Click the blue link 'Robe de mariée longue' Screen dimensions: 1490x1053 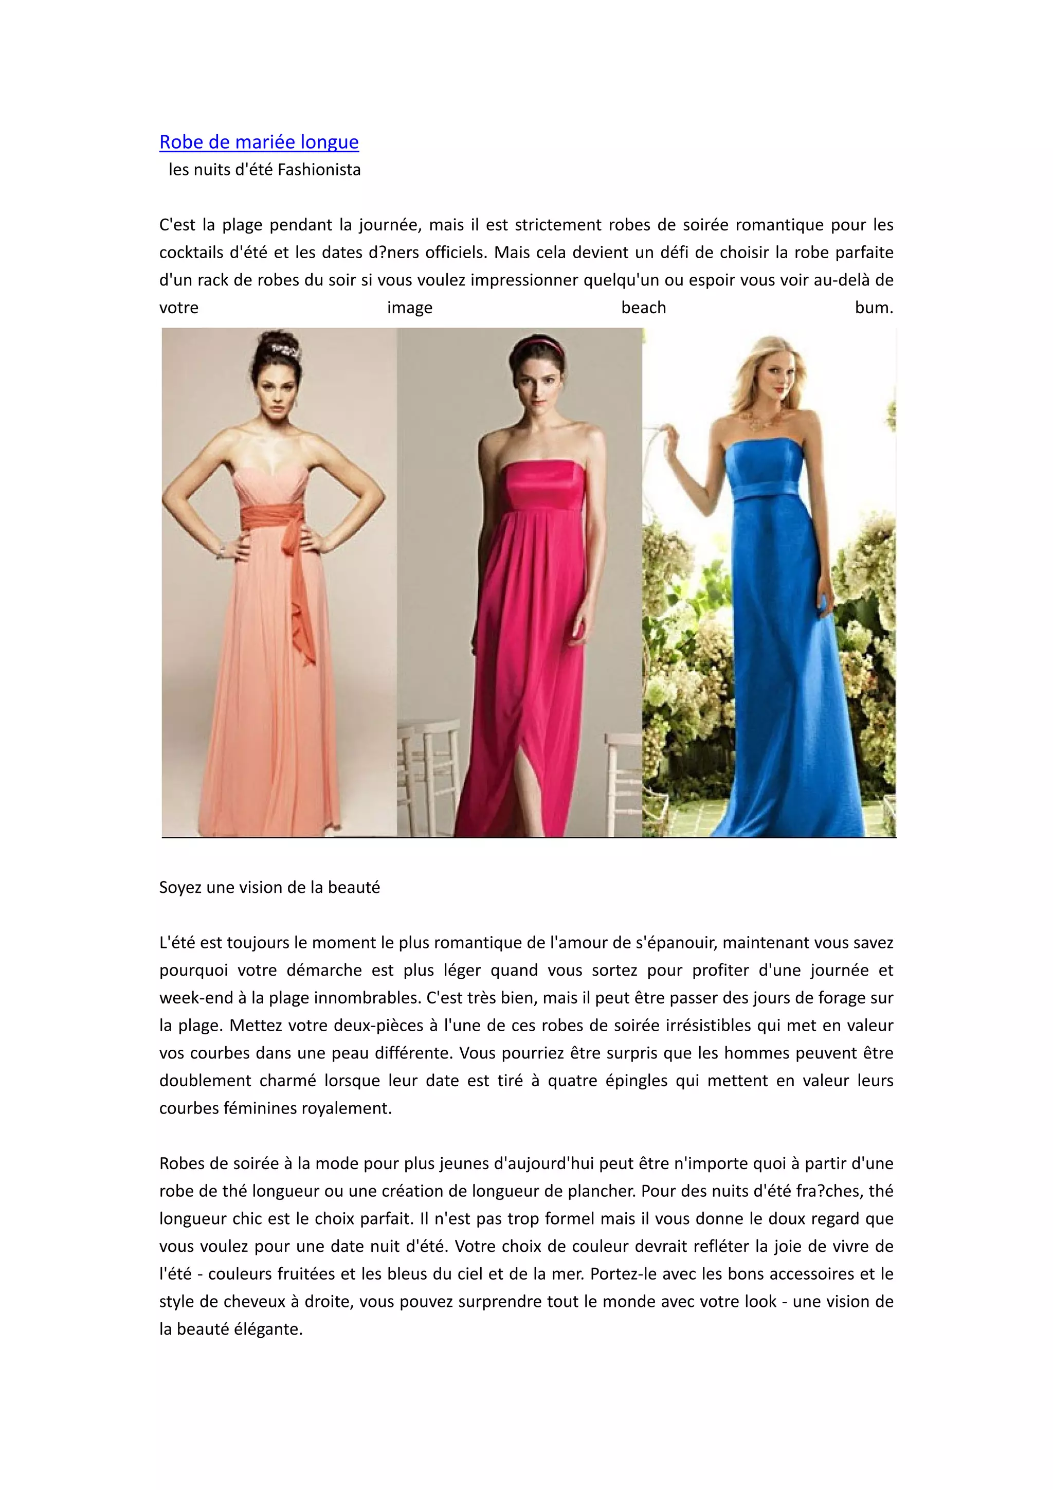(259, 142)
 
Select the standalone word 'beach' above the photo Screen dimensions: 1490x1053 (643, 308)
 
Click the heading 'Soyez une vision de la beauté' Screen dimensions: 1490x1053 (269, 887)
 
